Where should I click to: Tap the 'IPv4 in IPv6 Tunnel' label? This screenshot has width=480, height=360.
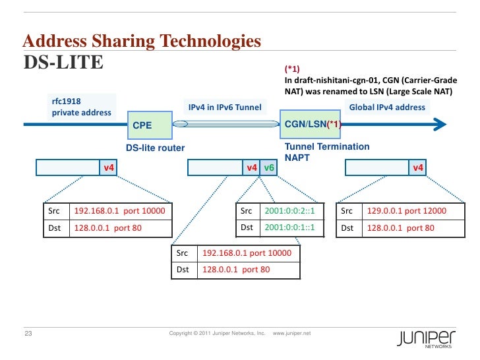coord(225,107)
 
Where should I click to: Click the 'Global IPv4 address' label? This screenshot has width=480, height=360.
coord(387,107)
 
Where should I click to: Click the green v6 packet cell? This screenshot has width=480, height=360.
coord(269,168)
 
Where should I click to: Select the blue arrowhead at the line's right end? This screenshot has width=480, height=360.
coord(440,124)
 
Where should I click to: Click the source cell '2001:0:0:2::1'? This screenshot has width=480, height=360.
coord(289,211)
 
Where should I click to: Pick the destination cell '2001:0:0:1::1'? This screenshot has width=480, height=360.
coord(289,228)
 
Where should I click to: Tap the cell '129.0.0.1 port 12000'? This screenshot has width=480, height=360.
coord(406,211)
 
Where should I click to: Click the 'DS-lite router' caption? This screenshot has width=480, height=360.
coord(155,148)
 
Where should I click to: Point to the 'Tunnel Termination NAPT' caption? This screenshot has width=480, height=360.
coord(326,152)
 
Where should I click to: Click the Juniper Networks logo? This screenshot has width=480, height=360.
coord(425,338)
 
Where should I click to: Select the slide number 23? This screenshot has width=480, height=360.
coord(28,334)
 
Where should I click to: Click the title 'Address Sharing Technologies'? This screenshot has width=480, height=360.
coord(142,42)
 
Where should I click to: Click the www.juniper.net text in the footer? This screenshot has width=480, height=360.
coord(291,334)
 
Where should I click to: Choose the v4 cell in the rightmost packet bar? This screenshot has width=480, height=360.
coord(417,168)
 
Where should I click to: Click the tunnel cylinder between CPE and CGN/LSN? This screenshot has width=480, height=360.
coord(225,124)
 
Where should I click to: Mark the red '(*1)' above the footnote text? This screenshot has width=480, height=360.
coord(291,69)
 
